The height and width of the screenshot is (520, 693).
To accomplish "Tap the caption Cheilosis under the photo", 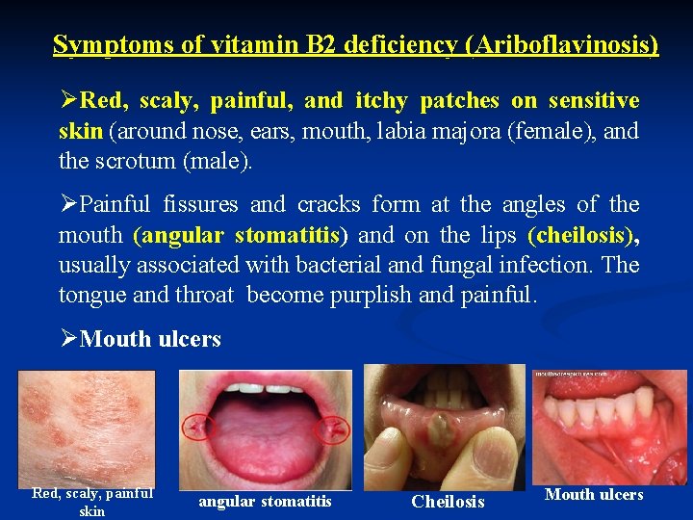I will coord(448,502).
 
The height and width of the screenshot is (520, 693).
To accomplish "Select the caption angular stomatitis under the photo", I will coord(265,501).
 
